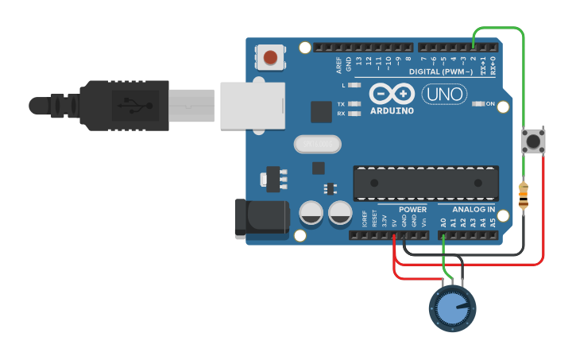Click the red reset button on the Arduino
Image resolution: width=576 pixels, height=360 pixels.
tap(271, 57)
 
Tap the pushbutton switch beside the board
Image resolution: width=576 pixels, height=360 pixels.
tap(532, 141)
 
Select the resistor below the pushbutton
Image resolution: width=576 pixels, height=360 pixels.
tap(523, 195)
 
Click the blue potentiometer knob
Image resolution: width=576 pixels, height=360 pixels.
tap(452, 309)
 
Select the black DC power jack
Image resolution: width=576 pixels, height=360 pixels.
tap(261, 218)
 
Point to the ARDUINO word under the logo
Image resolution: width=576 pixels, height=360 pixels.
tap(392, 110)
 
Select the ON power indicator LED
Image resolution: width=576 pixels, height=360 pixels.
tap(478, 104)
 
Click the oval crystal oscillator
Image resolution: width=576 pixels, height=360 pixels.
tap(317, 144)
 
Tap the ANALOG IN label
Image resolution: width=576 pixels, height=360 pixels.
tap(467, 210)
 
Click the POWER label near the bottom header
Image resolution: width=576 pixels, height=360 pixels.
tap(412, 210)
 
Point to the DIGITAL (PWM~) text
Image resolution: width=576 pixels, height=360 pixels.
tap(440, 72)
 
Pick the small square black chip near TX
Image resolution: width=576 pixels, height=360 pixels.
tap(321, 111)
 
